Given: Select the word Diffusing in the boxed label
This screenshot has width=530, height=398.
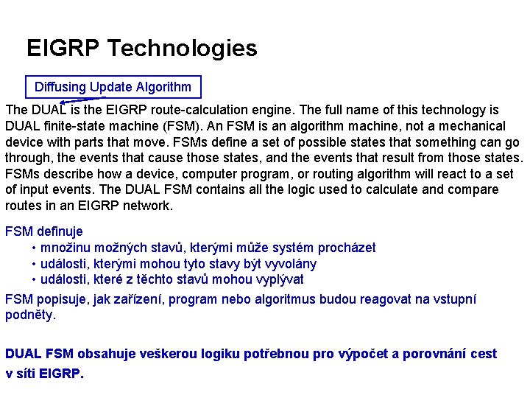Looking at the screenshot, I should (x=60, y=87).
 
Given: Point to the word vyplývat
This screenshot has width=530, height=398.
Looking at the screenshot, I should (x=273, y=279).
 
